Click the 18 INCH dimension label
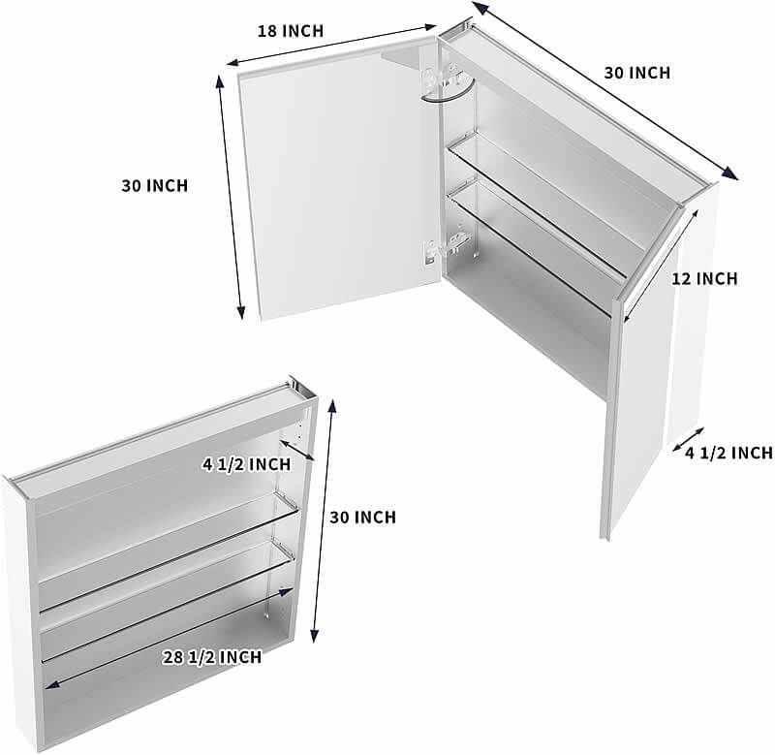290,31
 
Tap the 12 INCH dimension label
704,279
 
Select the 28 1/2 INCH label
212,657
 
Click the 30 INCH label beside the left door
155,186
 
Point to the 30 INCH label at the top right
637,74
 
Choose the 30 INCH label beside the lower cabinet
362,518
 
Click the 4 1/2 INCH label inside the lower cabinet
247,465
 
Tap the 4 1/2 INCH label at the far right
728,453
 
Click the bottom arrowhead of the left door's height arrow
240,312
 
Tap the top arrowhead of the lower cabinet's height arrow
332,406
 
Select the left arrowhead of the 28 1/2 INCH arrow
51,684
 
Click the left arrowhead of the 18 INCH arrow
233,62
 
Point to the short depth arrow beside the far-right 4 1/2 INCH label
688,440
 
